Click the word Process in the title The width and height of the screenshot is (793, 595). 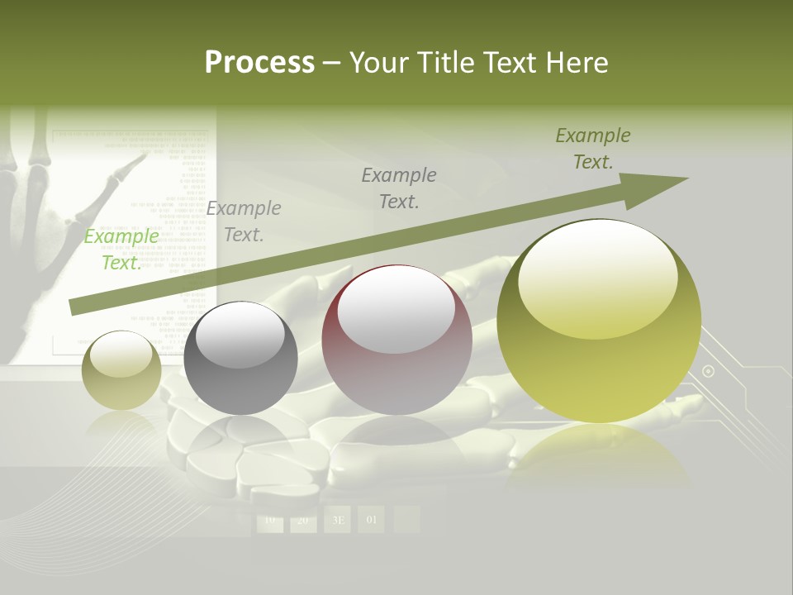click(x=259, y=62)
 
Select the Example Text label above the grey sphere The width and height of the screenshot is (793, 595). click(x=244, y=221)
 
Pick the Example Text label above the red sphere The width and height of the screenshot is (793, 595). click(x=399, y=188)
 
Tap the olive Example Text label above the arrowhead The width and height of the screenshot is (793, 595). click(x=593, y=149)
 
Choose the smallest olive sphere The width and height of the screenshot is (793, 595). click(x=121, y=370)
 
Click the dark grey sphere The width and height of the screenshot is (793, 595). click(x=240, y=358)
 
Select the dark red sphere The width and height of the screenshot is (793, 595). click(x=396, y=339)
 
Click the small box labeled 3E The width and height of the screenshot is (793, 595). click(x=338, y=520)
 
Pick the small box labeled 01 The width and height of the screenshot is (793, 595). click(x=371, y=520)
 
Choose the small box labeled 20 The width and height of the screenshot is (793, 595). click(x=303, y=520)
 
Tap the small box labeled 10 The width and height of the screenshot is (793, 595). click(x=269, y=520)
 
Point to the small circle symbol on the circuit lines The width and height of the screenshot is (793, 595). click(x=708, y=371)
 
